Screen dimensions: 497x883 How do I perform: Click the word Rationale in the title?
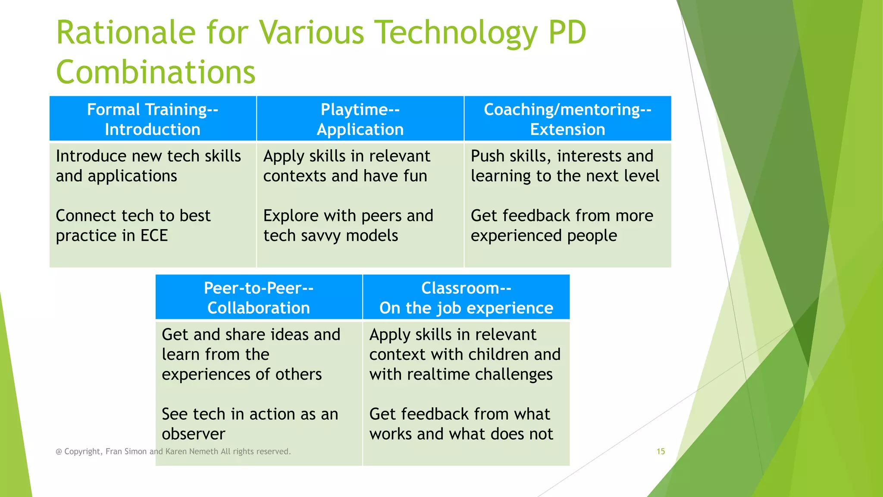pyautogui.click(x=126, y=33)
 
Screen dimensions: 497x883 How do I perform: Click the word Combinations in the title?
pyautogui.click(x=156, y=72)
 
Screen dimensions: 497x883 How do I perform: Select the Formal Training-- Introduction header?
pyautogui.click(x=153, y=119)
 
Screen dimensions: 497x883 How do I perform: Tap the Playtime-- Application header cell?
pyautogui.click(x=360, y=119)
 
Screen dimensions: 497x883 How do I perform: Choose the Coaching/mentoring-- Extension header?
pyautogui.click(x=567, y=119)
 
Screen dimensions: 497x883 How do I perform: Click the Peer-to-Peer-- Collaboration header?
pyautogui.click(x=258, y=298)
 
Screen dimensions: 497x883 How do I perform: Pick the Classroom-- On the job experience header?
pyautogui.click(x=466, y=298)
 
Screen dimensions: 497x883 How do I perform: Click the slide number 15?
pyautogui.click(x=661, y=451)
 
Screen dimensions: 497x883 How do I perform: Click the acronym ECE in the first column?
pyautogui.click(x=154, y=236)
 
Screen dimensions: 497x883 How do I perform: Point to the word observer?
pyautogui.click(x=193, y=434)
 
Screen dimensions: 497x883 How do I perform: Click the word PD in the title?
pyautogui.click(x=567, y=33)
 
